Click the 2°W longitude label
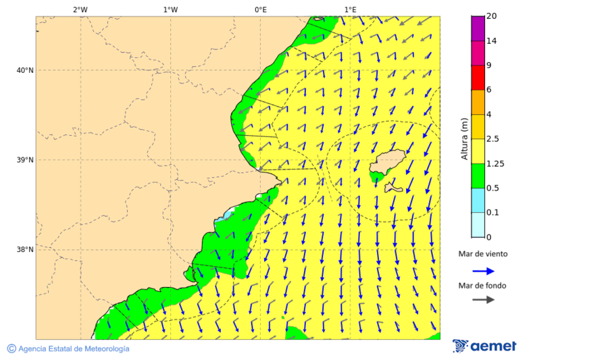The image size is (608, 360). point(80,9)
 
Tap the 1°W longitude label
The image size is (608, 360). point(170,9)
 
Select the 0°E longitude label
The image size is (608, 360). point(260,9)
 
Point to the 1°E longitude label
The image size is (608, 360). point(350,9)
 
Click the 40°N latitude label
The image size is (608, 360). point(24,70)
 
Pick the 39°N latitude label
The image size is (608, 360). point(24,160)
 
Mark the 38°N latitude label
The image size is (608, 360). point(24,250)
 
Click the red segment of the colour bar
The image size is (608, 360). point(478,77)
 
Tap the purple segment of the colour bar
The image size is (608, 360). point(478,28)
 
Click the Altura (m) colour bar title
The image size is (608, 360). point(464,138)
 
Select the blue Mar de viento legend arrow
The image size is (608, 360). point(483,271)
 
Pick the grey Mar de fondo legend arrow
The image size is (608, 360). point(483,300)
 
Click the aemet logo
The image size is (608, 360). point(484,346)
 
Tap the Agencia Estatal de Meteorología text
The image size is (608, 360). point(68,349)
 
